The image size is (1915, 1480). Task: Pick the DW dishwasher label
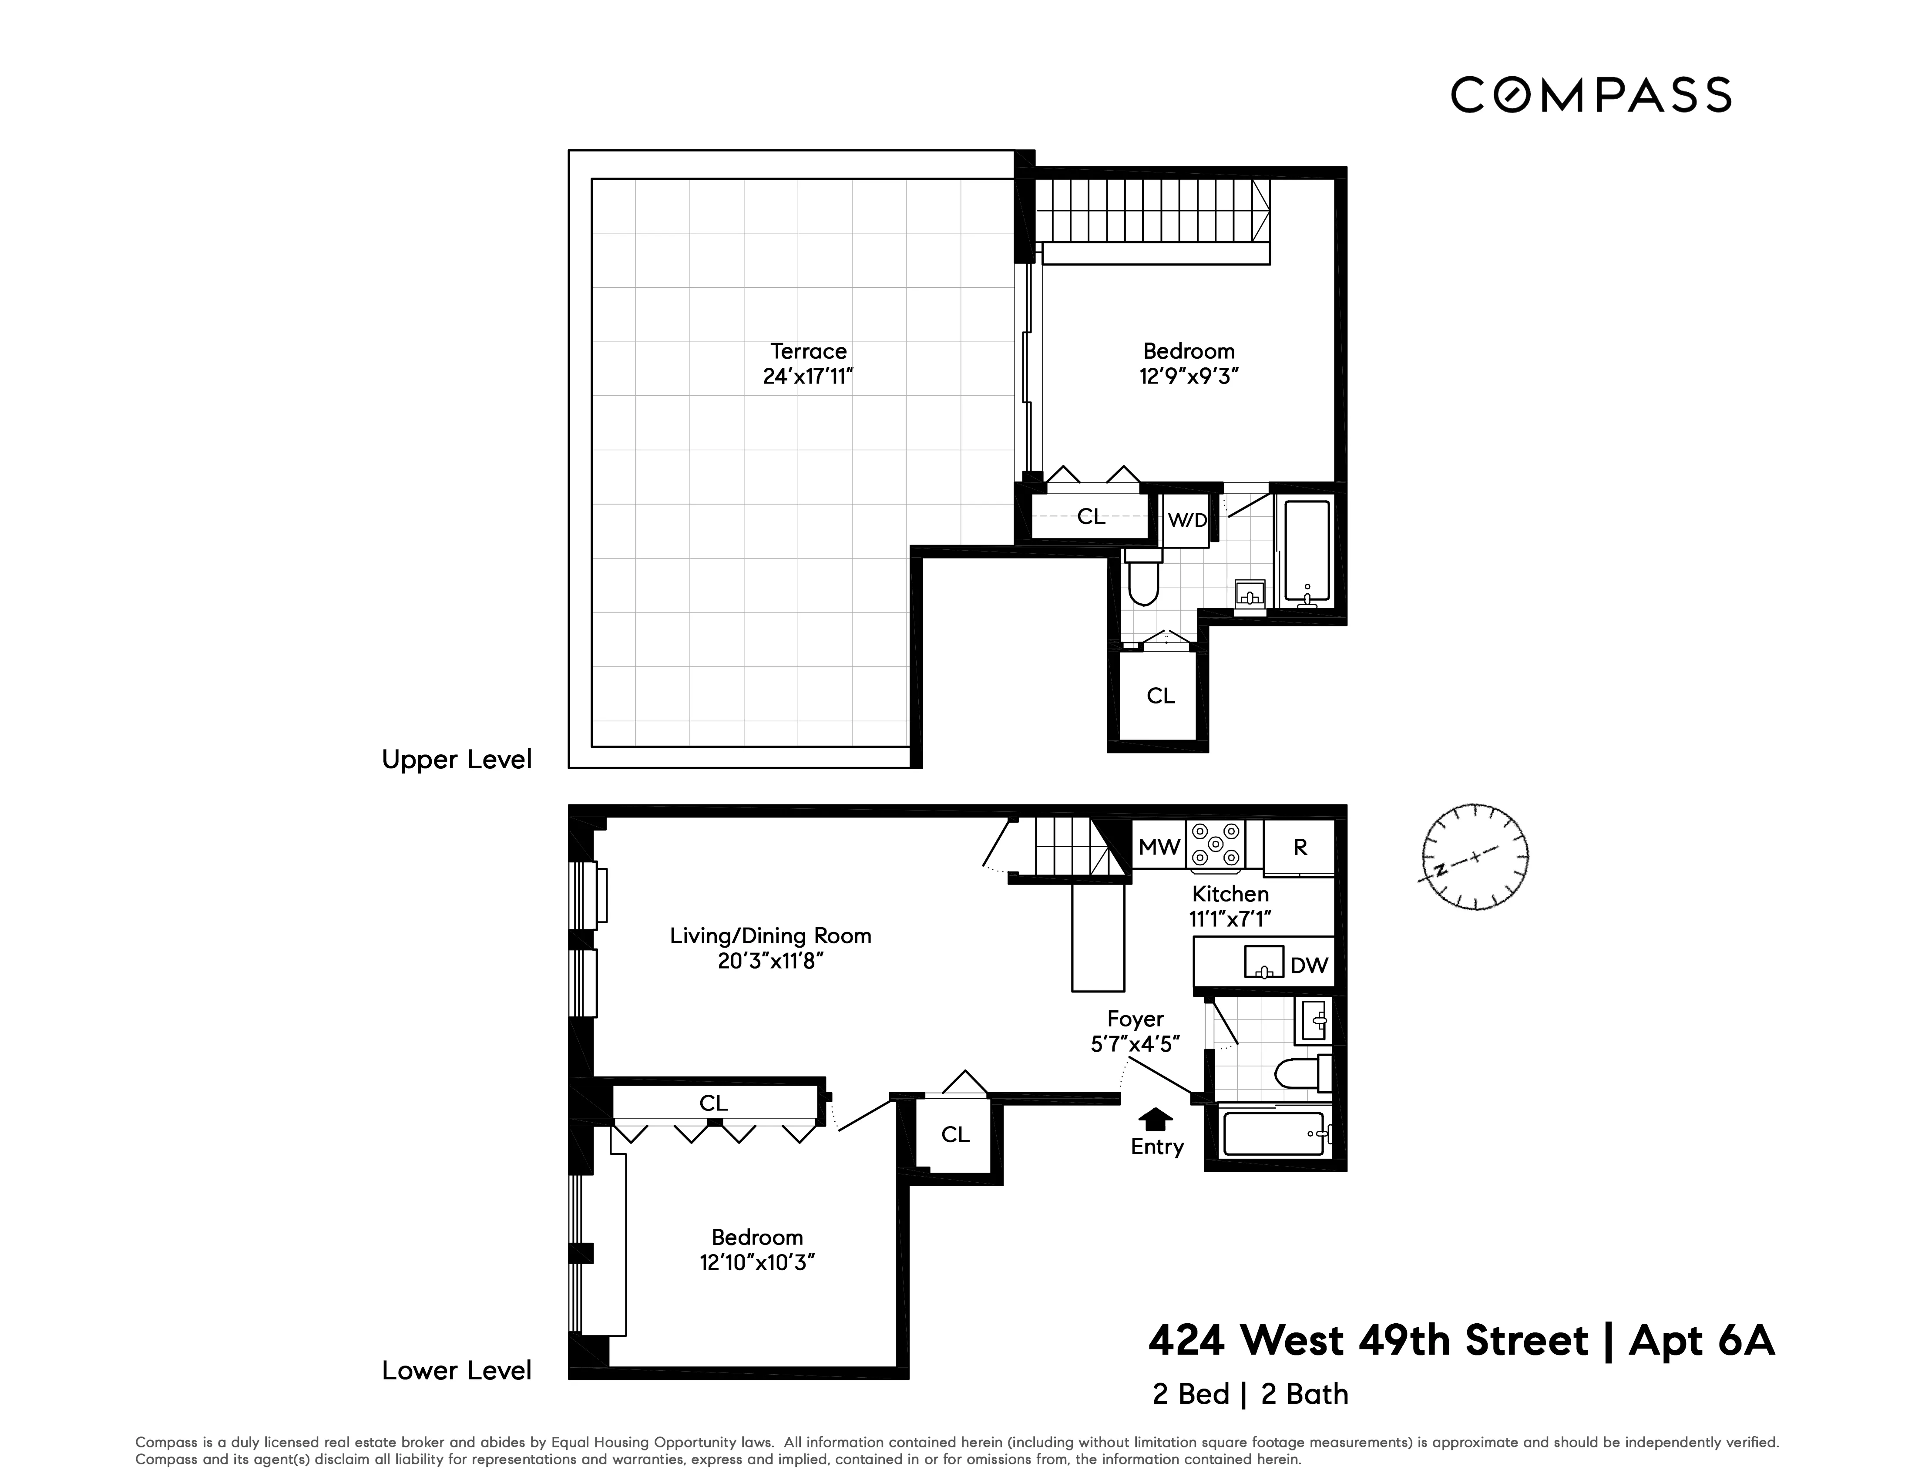(1309, 965)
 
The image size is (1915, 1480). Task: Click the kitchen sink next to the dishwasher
(1263, 962)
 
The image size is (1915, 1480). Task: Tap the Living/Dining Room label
(770, 935)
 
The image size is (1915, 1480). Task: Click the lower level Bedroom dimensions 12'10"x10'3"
(757, 1262)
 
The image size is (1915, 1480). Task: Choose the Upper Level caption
(456, 759)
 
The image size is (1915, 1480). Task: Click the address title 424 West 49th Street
(1368, 1341)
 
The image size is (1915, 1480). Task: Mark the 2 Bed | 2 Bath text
(1250, 1394)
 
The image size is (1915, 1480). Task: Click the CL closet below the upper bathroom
(1160, 695)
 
